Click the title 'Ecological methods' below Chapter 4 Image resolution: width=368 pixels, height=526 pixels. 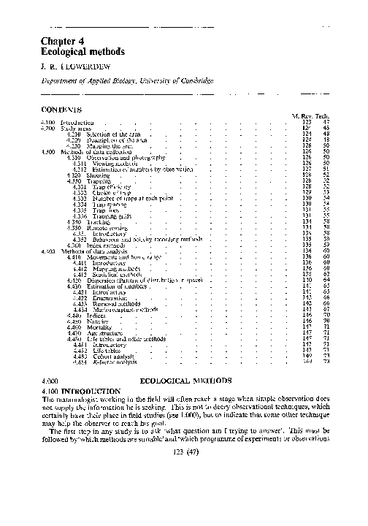tap(83, 53)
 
